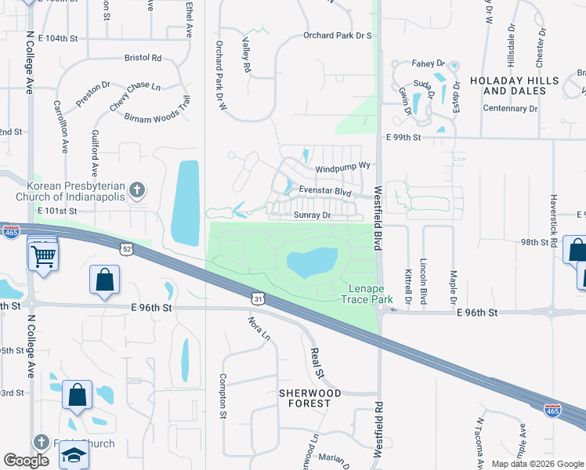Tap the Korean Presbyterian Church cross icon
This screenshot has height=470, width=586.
point(137,190)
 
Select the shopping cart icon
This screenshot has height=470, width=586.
point(42,254)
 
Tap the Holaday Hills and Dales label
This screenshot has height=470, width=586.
point(514,85)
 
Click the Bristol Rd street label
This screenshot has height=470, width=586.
point(143,58)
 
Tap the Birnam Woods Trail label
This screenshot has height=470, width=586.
point(157,111)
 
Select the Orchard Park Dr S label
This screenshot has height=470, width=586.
point(337,36)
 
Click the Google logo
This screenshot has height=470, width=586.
point(26,461)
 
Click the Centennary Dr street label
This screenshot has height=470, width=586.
point(511,108)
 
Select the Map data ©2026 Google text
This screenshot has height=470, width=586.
point(537,464)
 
